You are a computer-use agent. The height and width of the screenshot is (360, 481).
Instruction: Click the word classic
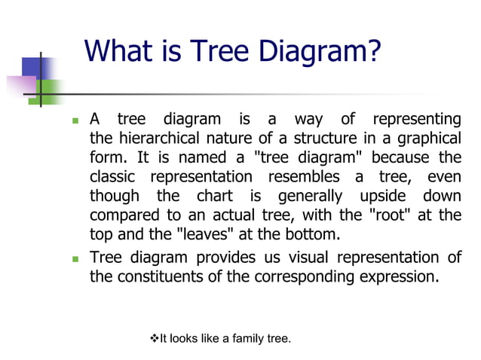(114, 178)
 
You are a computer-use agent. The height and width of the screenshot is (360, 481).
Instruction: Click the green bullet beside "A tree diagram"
(75, 121)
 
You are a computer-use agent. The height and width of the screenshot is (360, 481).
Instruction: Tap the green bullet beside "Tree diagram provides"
(75, 258)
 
